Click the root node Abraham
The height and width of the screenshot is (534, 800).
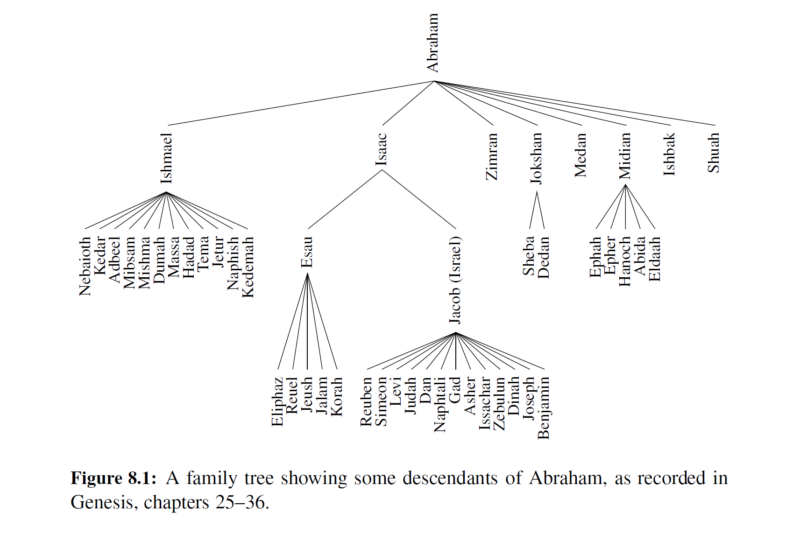(433, 43)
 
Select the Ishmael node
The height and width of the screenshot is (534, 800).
(166, 158)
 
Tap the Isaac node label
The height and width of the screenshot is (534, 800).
(382, 149)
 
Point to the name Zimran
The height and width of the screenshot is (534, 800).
(492, 157)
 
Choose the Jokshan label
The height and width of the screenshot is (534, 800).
(537, 158)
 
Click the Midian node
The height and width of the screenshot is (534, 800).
(625, 156)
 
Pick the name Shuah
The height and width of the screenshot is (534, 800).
(714, 153)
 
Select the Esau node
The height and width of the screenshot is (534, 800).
(307, 252)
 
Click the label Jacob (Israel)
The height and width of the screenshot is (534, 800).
(455, 280)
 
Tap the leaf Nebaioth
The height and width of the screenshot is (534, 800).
(85, 266)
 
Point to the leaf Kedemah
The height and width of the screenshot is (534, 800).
(248, 267)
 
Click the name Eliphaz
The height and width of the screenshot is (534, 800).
(277, 401)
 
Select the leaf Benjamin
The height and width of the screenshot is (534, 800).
(544, 408)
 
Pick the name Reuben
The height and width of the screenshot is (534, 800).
(367, 401)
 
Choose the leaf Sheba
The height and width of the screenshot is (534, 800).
(529, 256)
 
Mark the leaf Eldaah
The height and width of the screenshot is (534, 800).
(655, 259)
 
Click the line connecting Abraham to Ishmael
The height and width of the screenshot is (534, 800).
(301, 103)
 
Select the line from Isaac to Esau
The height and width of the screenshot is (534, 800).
(345, 199)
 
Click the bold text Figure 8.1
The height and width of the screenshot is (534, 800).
(113, 478)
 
